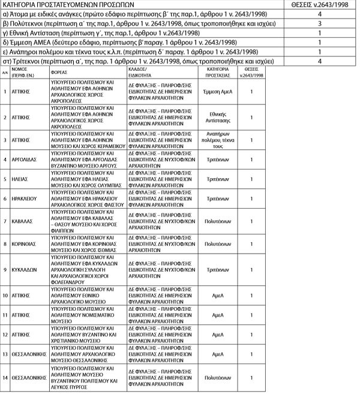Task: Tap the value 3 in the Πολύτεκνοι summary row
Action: point(319,23)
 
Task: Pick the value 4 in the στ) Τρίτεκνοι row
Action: point(319,62)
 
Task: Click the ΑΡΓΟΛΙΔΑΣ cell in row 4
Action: point(25,160)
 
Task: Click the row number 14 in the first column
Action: point(5,378)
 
